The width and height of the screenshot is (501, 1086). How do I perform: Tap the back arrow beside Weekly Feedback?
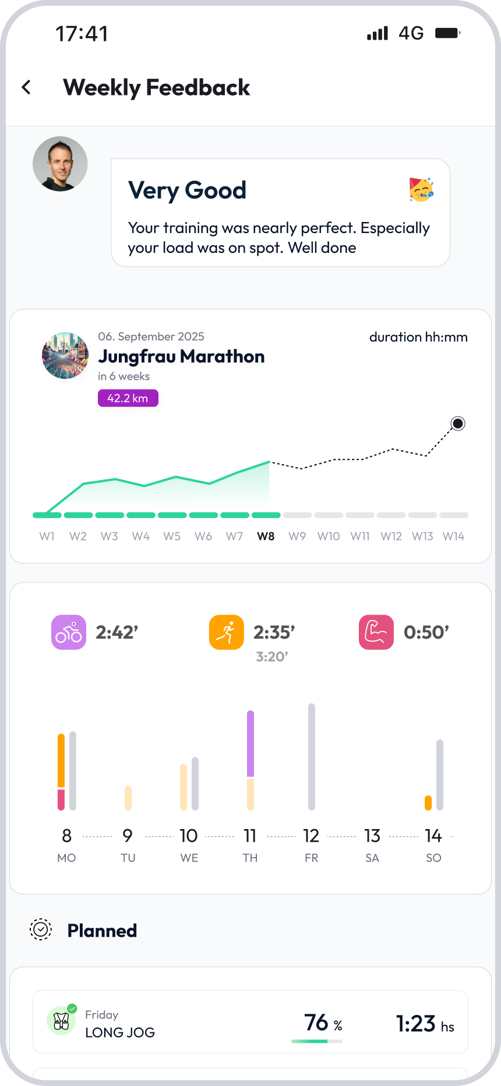(26, 87)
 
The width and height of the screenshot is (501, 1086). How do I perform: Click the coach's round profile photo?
(60, 164)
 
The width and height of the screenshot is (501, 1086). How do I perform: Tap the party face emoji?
(421, 189)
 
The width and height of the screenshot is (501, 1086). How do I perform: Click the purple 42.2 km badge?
(128, 399)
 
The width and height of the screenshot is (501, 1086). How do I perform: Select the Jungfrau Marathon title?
(181, 356)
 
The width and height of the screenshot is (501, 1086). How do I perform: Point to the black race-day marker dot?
(458, 424)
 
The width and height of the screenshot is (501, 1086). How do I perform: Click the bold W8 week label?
(266, 536)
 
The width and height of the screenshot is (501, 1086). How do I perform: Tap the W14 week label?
(453, 536)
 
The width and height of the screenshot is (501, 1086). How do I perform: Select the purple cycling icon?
(69, 632)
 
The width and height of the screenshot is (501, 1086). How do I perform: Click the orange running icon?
(226, 632)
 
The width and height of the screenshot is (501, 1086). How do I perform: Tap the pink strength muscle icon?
(376, 632)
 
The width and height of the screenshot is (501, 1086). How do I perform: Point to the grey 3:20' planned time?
(272, 657)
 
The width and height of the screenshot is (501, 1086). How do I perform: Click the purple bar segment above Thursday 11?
(250, 743)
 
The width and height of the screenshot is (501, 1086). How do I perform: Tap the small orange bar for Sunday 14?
(428, 803)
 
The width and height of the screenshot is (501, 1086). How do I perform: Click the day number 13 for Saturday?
(372, 836)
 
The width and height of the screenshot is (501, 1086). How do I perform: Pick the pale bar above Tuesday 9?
(128, 798)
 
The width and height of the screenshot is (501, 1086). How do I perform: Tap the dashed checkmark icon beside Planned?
(41, 930)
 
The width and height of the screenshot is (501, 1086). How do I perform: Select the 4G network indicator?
(411, 33)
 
